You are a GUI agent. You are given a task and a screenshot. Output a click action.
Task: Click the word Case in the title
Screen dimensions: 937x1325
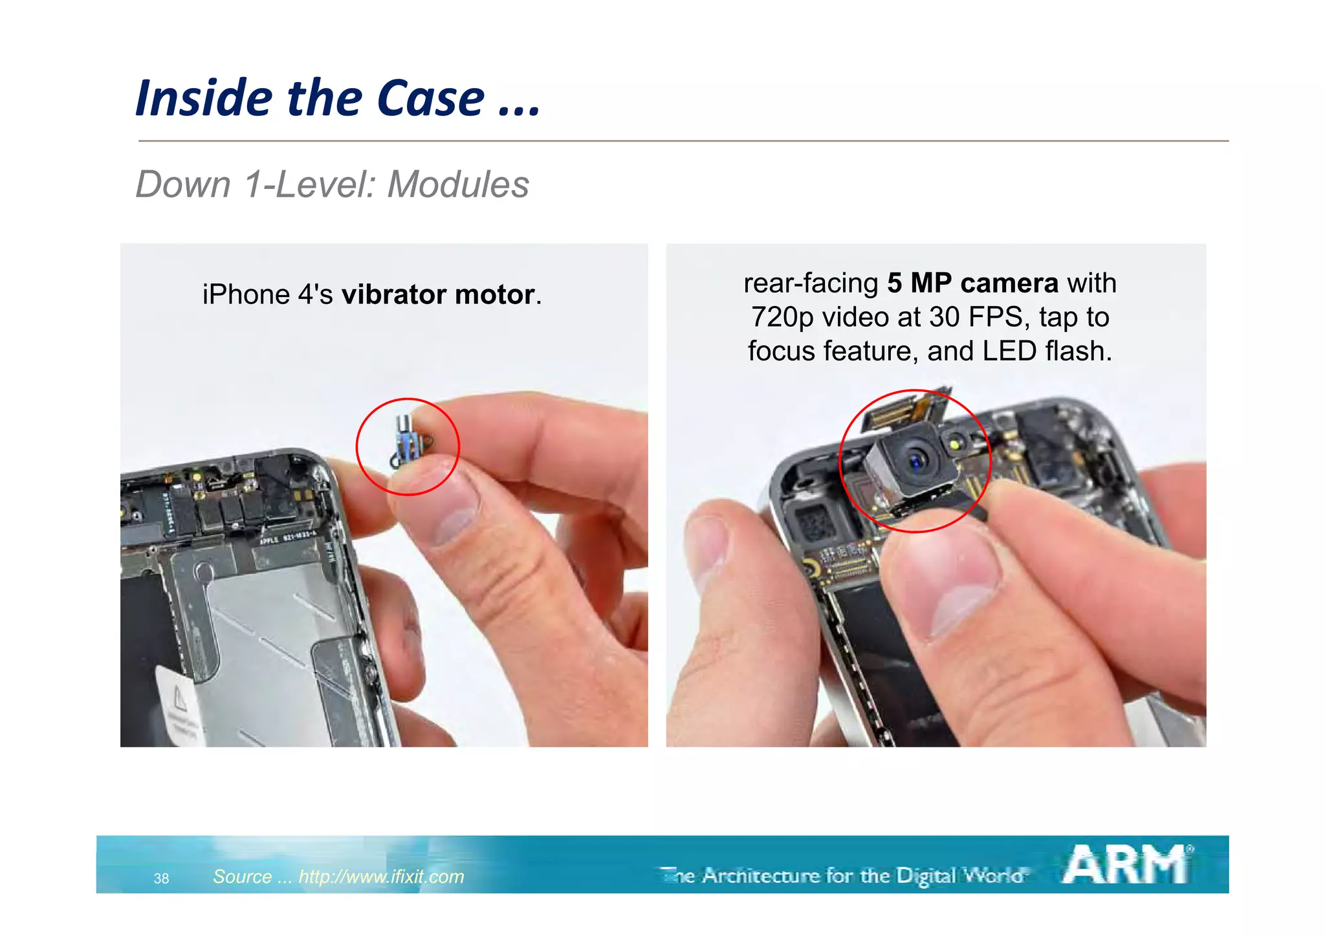[x=430, y=98]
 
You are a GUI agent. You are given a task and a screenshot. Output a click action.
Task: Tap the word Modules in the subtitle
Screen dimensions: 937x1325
[x=458, y=184]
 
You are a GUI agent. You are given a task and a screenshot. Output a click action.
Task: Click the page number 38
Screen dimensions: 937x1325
[x=161, y=878]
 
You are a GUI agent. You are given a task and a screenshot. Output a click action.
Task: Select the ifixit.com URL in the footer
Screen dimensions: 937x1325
[x=381, y=876]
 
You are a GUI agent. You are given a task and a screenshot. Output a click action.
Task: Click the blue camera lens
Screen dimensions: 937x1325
[x=916, y=460]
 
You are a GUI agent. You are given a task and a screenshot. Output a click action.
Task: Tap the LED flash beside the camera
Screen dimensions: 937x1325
[x=954, y=444]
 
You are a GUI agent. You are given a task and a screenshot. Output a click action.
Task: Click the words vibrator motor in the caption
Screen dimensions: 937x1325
[x=438, y=295]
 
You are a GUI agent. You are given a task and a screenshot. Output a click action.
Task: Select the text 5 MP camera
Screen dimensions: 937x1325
[x=972, y=283]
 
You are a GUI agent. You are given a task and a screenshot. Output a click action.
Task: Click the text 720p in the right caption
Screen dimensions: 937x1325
[x=782, y=318]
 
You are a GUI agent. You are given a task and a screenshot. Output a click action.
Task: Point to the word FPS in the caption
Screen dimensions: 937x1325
[x=995, y=318]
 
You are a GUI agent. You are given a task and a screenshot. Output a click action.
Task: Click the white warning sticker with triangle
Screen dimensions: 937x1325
[x=178, y=708]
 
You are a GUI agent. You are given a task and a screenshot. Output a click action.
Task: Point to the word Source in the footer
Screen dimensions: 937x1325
[x=243, y=876]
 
